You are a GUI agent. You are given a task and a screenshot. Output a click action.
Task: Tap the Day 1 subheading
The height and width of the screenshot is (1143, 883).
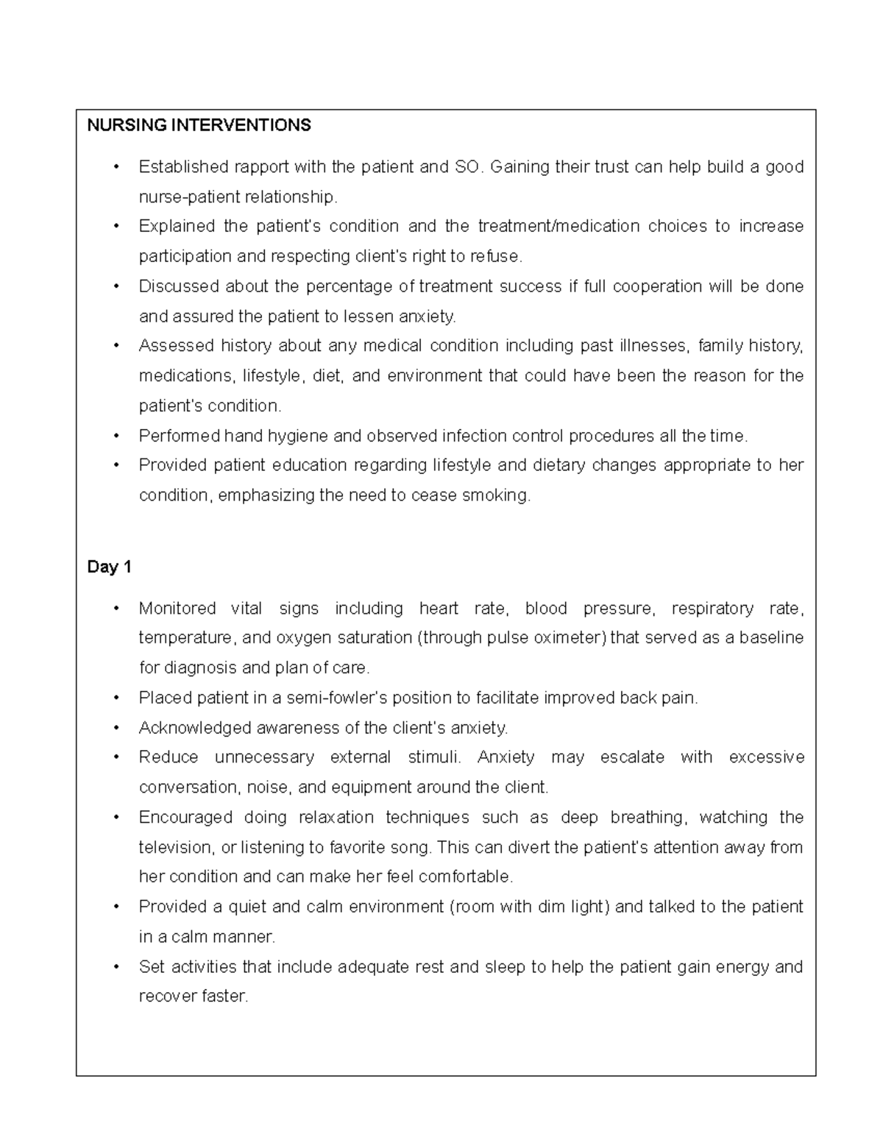[x=109, y=567]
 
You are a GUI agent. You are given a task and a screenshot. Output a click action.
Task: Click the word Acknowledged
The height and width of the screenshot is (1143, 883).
[x=195, y=728]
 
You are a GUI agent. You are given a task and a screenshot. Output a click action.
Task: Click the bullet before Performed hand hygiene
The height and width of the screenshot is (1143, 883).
[x=116, y=436]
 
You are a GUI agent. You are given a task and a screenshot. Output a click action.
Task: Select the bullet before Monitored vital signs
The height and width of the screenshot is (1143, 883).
[x=116, y=609]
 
